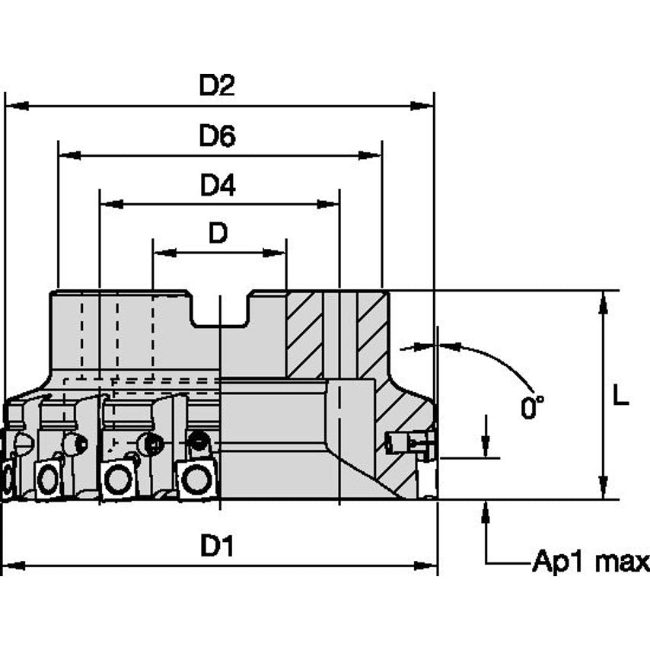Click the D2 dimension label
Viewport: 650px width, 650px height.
pyautogui.click(x=217, y=86)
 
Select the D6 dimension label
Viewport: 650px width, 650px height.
pyautogui.click(x=217, y=136)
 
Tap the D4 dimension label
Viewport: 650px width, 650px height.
pyautogui.click(x=217, y=186)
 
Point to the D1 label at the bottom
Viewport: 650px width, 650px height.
pyautogui.click(x=217, y=546)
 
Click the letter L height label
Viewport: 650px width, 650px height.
pyautogui.click(x=622, y=396)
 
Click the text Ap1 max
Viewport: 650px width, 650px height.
pyautogui.click(x=591, y=562)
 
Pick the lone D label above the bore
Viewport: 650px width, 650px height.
pyautogui.click(x=218, y=234)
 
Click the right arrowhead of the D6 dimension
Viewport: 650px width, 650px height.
pyautogui.click(x=371, y=155)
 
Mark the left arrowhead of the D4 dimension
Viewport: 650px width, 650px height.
pyautogui.click(x=111, y=204)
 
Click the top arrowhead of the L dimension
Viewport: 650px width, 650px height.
pyautogui.click(x=603, y=302)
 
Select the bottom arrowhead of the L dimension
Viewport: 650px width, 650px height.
pyautogui.click(x=603, y=489)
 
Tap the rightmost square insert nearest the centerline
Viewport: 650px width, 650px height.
pyautogui.click(x=196, y=480)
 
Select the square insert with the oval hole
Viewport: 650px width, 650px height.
pyautogui.click(x=48, y=480)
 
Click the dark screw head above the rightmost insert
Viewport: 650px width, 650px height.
pyautogui.click(x=199, y=439)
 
